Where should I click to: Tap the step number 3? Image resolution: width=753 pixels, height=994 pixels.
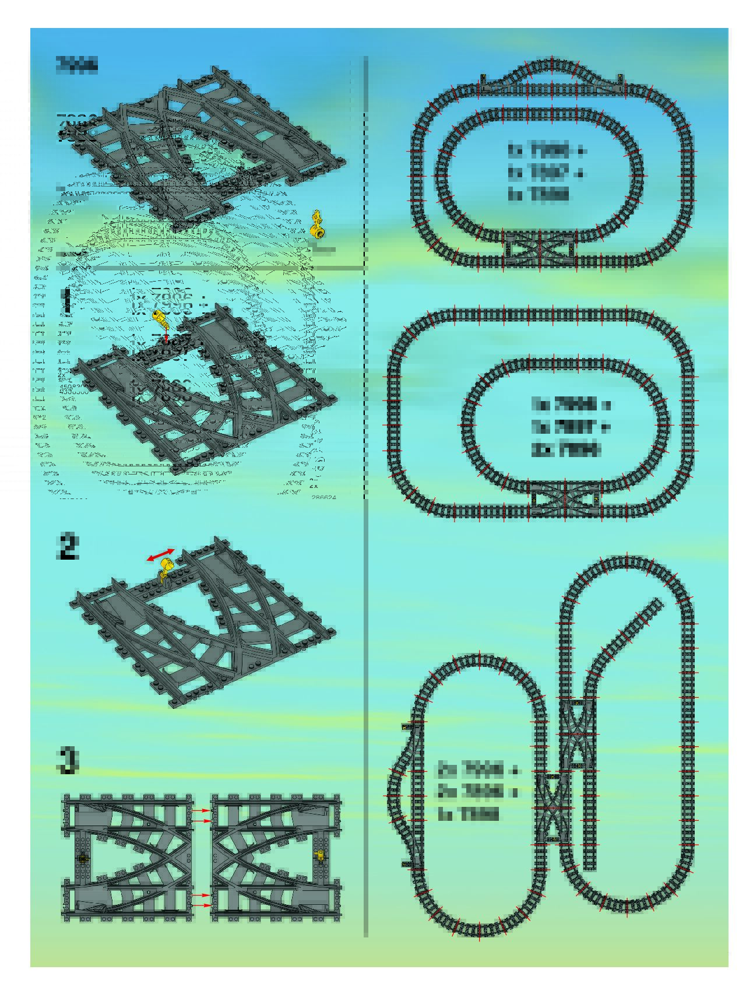click(x=68, y=760)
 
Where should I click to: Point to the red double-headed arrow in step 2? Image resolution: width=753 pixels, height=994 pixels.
click(x=160, y=554)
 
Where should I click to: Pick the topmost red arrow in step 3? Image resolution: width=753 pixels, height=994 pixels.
click(x=201, y=810)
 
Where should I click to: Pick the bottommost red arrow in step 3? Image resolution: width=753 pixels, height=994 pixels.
click(x=201, y=904)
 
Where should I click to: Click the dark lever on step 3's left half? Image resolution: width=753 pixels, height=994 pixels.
click(x=82, y=858)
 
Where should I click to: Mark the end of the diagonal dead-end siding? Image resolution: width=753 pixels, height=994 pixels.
click(x=659, y=602)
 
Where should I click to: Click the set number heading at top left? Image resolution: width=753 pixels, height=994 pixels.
click(x=76, y=64)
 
